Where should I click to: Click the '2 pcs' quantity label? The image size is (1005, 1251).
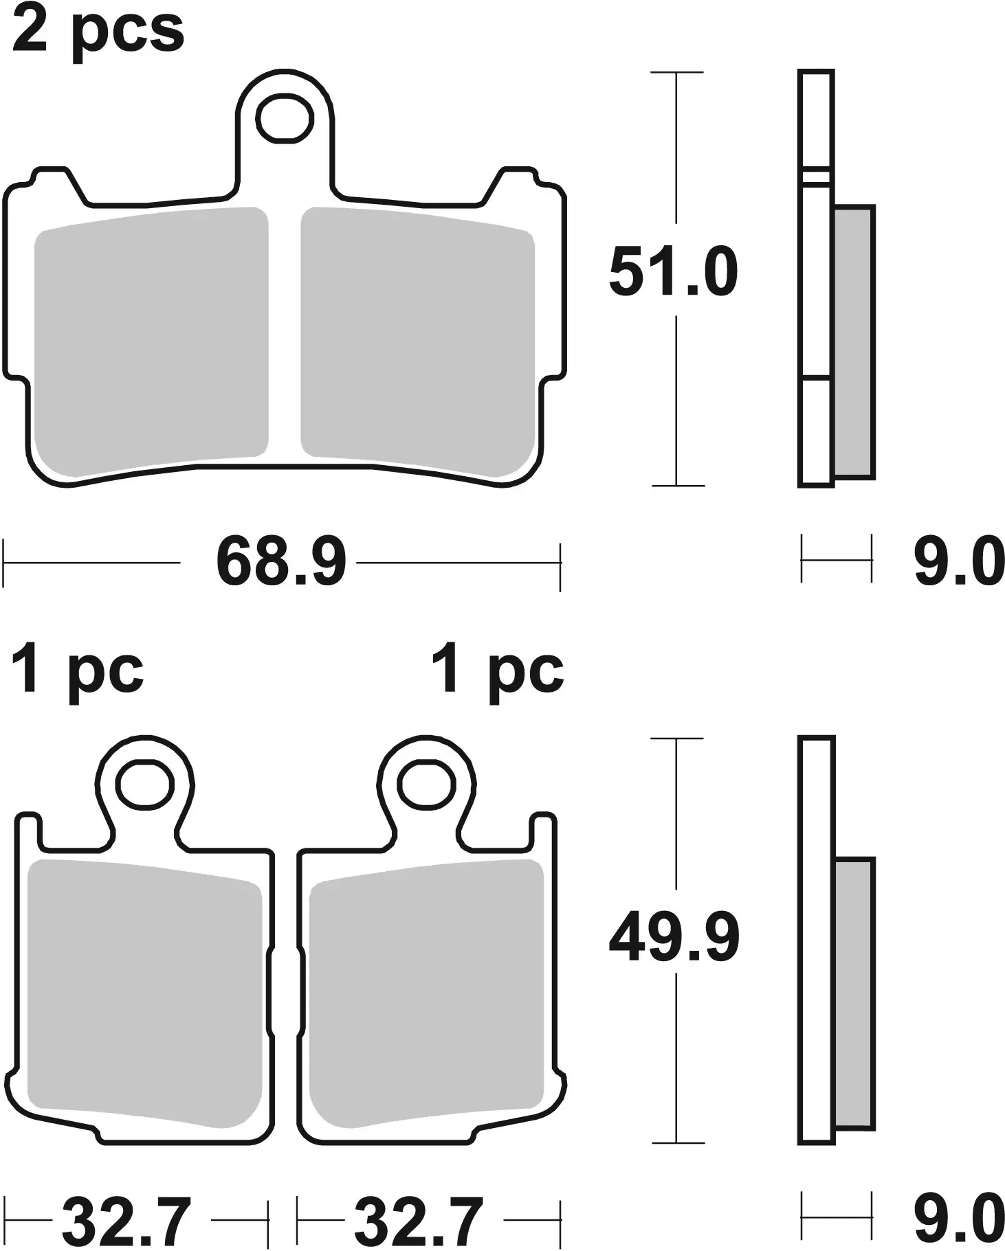98,31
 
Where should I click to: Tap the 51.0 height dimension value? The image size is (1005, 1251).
674,272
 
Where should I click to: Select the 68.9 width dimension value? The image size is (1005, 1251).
281,563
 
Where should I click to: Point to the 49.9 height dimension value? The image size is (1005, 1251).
674,938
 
